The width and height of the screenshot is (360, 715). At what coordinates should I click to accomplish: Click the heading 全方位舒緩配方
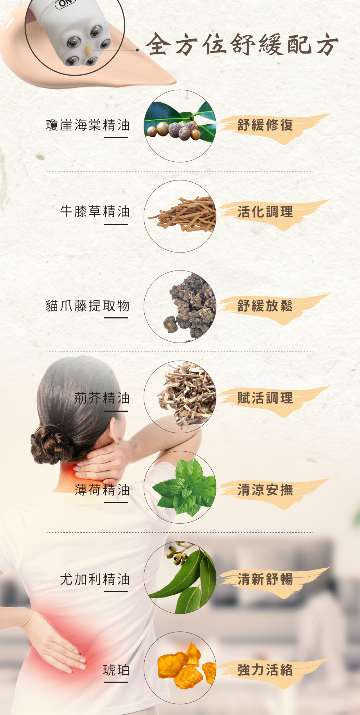pos(242,44)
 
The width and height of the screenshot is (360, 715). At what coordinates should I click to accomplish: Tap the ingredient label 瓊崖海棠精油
pos(88,125)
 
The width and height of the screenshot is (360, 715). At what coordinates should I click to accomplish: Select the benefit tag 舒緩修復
pos(265,125)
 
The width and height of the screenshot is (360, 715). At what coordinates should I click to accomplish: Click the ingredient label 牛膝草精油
pos(95,211)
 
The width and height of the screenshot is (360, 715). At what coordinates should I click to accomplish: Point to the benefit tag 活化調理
pos(265,212)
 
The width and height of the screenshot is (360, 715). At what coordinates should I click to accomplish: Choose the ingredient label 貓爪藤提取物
pos(88,305)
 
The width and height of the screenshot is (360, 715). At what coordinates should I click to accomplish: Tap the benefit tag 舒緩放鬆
pos(265,306)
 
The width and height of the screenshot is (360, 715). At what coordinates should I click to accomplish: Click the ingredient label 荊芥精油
pos(102,398)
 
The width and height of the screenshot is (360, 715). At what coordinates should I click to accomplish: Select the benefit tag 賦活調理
pos(265,398)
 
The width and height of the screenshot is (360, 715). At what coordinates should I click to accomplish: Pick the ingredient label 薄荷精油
pos(102,490)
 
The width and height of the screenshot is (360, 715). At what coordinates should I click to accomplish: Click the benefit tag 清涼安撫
pos(265,490)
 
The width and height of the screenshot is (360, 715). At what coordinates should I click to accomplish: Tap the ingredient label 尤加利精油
pos(95,579)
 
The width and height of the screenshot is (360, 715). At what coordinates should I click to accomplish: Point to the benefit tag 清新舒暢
pos(265,579)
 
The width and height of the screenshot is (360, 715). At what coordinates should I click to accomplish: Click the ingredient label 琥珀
pos(116,670)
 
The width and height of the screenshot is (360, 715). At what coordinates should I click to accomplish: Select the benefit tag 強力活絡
pos(265,670)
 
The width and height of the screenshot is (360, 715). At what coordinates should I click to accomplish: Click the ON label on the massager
pos(66,4)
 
